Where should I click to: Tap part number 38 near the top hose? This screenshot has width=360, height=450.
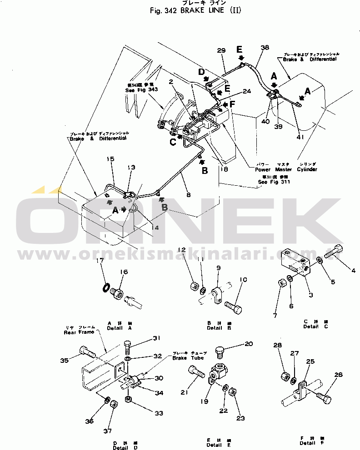265,48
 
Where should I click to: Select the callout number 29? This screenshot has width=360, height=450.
221,50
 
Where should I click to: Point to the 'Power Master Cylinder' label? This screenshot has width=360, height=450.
286,169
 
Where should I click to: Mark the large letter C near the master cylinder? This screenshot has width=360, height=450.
173,141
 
